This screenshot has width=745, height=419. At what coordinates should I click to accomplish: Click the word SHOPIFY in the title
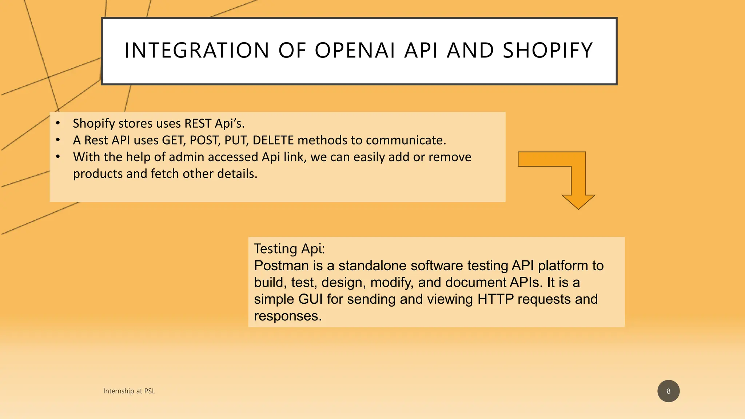pos(547,50)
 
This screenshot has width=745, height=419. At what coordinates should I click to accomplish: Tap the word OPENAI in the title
pos(355,50)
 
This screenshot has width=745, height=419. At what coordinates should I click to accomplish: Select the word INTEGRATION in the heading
pos(196,50)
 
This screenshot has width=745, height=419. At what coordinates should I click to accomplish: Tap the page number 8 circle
pos(668,391)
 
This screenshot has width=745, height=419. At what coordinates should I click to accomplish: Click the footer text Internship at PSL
pos(129,391)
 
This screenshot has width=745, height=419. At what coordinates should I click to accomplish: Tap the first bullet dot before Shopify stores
pos(58,123)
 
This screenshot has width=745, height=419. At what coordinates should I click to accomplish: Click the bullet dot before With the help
pos(58,157)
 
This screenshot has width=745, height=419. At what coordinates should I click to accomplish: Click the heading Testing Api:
pos(289,249)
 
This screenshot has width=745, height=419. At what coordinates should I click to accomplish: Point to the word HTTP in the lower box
pos(495,299)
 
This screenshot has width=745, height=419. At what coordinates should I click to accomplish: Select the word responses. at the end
pos(288,316)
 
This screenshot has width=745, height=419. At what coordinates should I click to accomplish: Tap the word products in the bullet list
pos(97,174)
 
